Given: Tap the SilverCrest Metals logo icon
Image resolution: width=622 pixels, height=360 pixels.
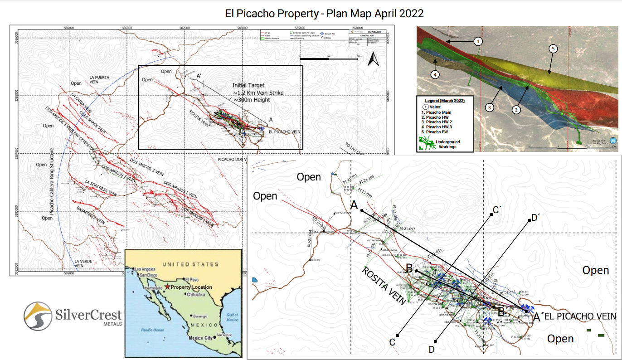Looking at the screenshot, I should point(38,317).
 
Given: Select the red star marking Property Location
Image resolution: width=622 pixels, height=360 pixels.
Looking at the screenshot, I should point(168,287).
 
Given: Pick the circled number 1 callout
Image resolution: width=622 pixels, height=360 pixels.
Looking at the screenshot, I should point(478,41).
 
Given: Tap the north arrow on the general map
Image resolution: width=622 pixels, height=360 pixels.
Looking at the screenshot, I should point(373,59).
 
